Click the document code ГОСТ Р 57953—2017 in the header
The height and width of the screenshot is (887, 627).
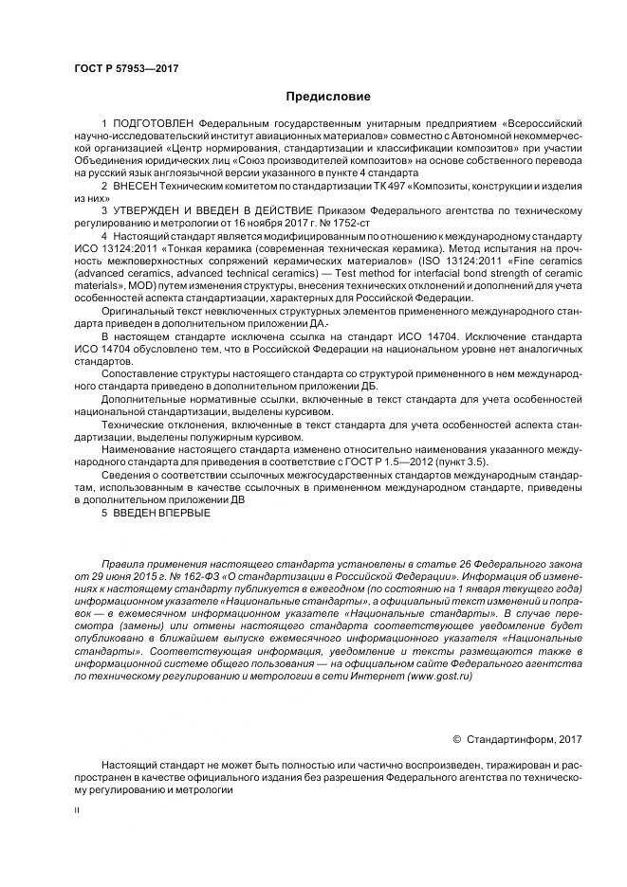[x=126, y=69]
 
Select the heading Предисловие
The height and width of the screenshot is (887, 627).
[x=328, y=96]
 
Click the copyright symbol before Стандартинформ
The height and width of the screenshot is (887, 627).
[x=456, y=739]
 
